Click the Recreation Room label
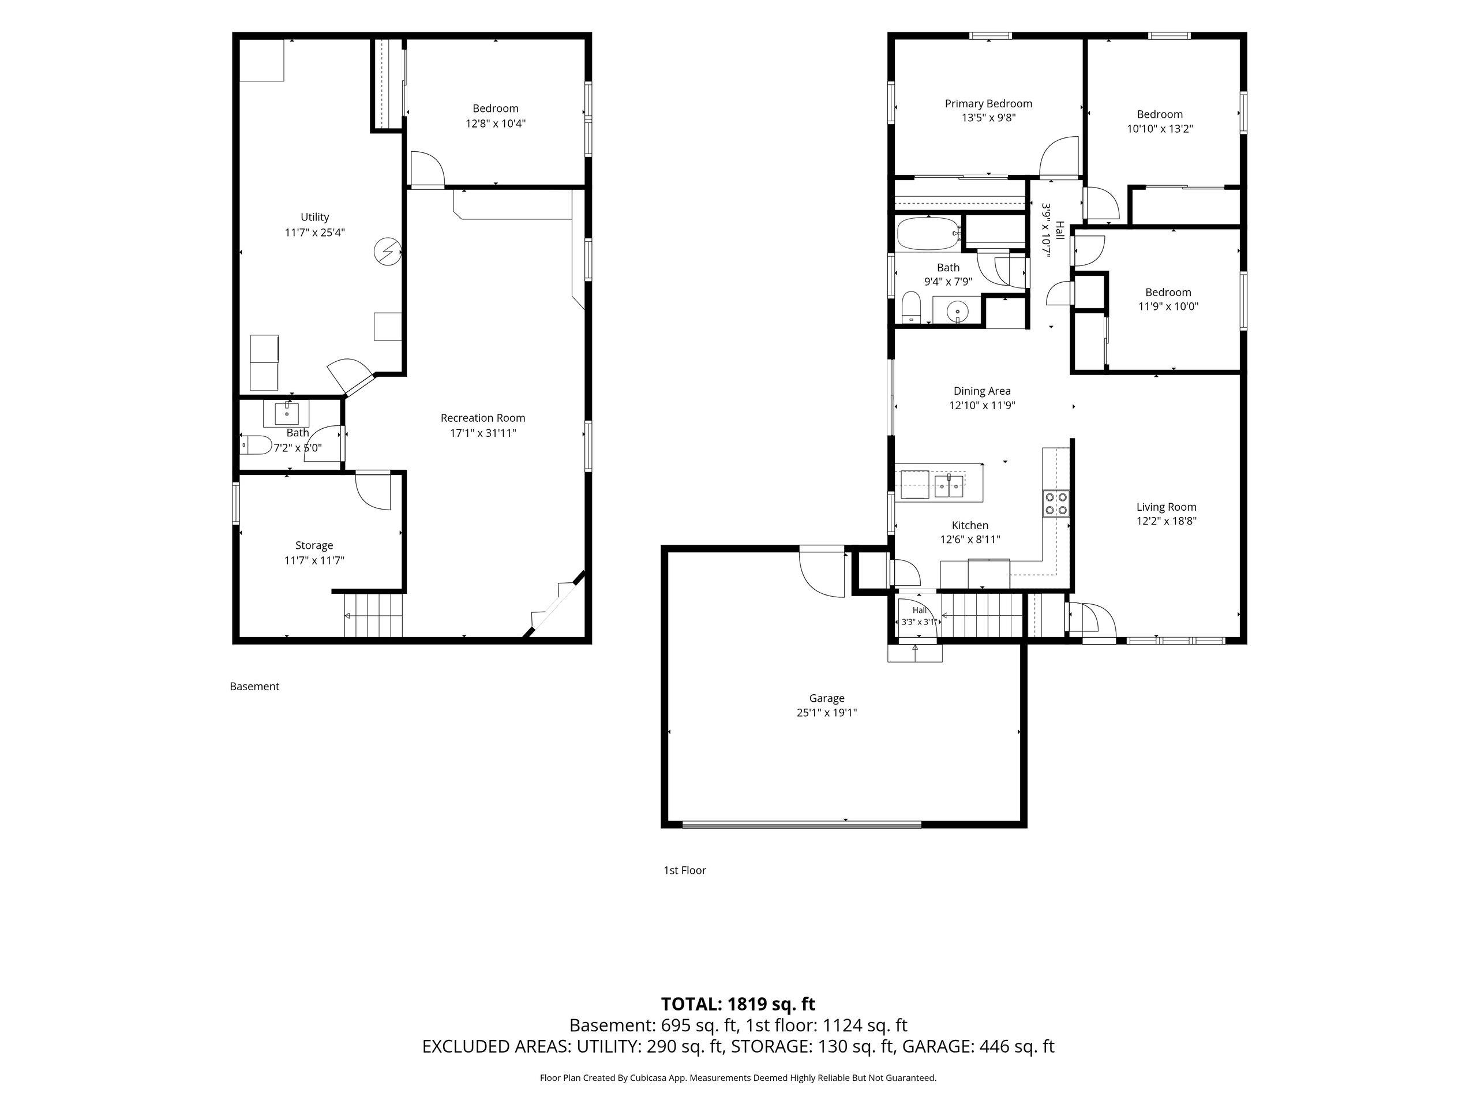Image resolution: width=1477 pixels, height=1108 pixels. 483,418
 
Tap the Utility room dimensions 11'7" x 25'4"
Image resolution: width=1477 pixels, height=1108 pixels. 314,233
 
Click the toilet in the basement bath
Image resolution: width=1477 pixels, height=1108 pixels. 256,444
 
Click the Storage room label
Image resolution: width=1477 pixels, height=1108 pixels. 314,546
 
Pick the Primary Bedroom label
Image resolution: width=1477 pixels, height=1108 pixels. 988,103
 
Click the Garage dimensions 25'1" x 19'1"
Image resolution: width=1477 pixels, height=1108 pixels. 827,713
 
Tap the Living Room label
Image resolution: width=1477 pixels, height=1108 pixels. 1167,507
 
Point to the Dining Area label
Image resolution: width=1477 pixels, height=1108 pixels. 982,391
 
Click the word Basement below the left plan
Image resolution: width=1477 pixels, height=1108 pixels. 254,687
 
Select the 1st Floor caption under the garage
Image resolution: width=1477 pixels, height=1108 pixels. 684,870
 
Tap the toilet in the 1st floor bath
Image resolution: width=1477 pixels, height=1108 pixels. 911,308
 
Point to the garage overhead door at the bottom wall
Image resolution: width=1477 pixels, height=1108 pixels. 801,825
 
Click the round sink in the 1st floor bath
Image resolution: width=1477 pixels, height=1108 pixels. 958,311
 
